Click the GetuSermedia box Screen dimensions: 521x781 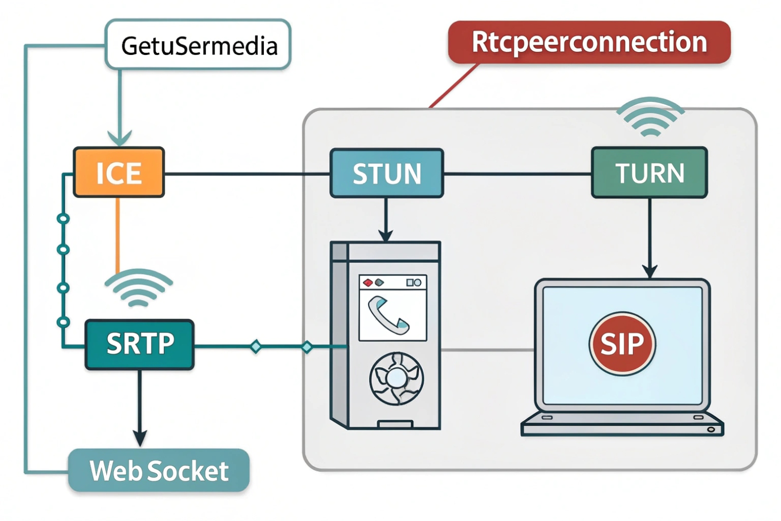tap(198, 45)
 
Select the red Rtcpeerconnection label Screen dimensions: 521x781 tap(589, 43)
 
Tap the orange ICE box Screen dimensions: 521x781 tap(119, 173)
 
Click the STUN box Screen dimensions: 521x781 tap(387, 173)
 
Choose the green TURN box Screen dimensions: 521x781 tap(649, 173)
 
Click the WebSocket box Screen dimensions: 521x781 tap(159, 470)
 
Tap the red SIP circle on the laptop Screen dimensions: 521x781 tap(622, 343)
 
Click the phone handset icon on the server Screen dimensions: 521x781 tap(388, 315)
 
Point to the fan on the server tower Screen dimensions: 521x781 tap(396, 379)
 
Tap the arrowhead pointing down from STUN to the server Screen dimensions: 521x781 tap(386, 235)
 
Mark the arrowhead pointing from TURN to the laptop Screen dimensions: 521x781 tap(650, 271)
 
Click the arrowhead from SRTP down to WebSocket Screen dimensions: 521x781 tap(140, 438)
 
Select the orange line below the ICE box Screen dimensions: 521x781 tap(118, 234)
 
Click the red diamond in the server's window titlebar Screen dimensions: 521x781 tap(368, 283)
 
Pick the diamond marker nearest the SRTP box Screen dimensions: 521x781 tap(256, 347)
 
